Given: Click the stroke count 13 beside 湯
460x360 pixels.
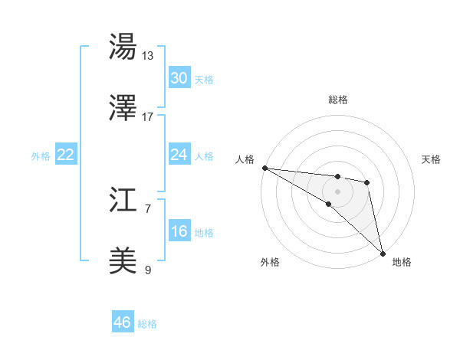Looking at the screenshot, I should tap(148, 55).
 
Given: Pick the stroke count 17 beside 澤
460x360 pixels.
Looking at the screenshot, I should tap(148, 116).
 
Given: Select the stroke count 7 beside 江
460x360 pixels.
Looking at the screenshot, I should tap(148, 208).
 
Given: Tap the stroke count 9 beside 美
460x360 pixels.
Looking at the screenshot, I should tap(148, 270).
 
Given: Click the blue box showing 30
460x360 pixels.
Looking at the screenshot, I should tap(179, 78).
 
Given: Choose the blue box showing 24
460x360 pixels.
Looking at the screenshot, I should tap(179, 155).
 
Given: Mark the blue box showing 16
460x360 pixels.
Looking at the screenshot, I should tap(179, 231).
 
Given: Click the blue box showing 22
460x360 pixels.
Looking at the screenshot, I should tap(66, 155).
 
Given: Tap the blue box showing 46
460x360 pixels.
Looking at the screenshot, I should tap(123, 322).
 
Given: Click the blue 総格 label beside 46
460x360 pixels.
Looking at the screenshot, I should tap(147, 324).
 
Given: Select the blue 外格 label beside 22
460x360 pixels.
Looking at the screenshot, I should tap(41, 156).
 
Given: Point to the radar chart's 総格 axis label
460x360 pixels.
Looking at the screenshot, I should tap(338, 100).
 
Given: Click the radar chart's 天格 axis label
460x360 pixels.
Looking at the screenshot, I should tap(432, 159).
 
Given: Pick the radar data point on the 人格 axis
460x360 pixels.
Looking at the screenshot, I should tap(264, 168).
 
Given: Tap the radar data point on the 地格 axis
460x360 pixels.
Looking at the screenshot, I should tap(383, 253).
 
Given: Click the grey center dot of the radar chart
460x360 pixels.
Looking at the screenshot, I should tap(338, 191).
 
